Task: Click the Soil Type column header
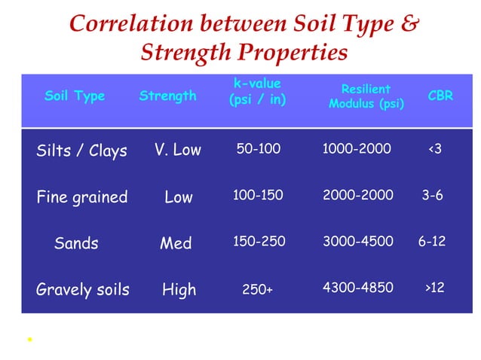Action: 75,96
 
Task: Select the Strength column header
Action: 167,96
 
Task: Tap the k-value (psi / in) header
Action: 257,91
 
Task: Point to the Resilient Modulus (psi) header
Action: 366,96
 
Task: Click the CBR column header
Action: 440,96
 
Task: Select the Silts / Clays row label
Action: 81,151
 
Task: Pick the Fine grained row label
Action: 81,197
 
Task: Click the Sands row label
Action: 76,243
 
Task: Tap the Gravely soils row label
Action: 83,289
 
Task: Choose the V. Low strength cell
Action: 178,150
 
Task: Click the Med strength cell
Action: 176,243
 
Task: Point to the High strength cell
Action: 179,289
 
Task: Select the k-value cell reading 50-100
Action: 259,149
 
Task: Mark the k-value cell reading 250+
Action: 258,289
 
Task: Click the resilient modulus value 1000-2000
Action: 357,149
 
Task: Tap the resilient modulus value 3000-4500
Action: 357,243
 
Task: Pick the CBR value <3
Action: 435,149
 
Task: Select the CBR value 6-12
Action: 432,243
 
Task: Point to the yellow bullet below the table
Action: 28,340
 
